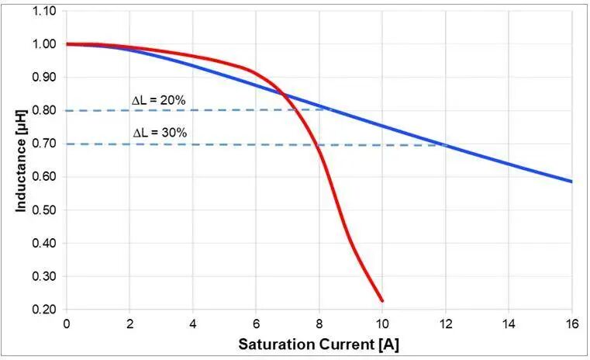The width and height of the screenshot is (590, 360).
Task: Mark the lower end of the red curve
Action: [x=382, y=301]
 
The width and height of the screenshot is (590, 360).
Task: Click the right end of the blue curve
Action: [x=571, y=182]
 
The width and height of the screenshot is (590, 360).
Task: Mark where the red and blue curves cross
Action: [x=285, y=95]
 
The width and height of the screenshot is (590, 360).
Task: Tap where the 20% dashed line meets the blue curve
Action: [x=330, y=109]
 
